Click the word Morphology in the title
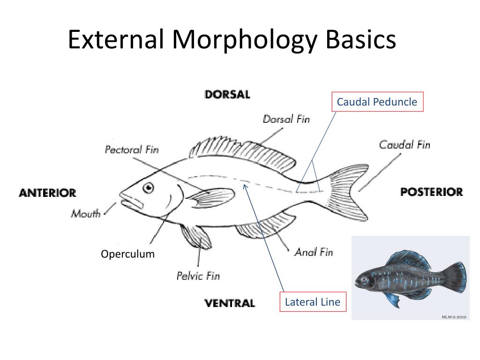[245, 41]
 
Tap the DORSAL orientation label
[227, 95]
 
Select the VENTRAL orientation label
[230, 303]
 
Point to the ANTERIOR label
[47, 193]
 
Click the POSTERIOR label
[432, 192]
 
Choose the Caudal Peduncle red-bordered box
[378, 102]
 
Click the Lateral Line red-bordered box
[313, 302]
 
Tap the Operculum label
[127, 254]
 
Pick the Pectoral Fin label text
[132, 150]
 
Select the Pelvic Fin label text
[198, 276]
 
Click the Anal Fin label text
[314, 252]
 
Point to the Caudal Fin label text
[405, 144]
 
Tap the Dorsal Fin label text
[286, 119]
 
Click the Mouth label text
[86, 213]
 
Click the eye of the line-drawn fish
[149, 187]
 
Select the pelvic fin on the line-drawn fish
[196, 237]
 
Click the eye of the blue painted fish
[364, 279]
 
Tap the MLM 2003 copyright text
[454, 317]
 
